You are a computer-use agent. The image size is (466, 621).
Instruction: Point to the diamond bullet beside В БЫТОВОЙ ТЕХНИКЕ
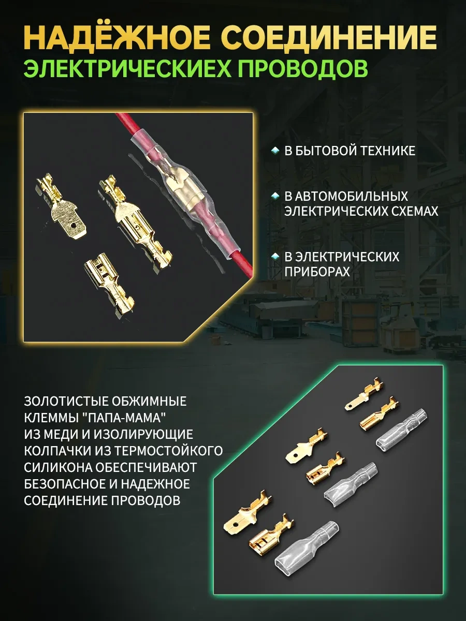(275, 151)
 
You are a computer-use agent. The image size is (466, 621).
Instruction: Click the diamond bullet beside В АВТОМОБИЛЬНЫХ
(275, 196)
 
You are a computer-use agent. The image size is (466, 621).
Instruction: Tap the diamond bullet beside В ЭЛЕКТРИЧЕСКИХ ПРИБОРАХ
(275, 257)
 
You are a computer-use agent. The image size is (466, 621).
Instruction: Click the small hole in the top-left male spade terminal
(74, 226)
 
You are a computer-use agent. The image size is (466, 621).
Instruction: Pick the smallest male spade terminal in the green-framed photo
(364, 393)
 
